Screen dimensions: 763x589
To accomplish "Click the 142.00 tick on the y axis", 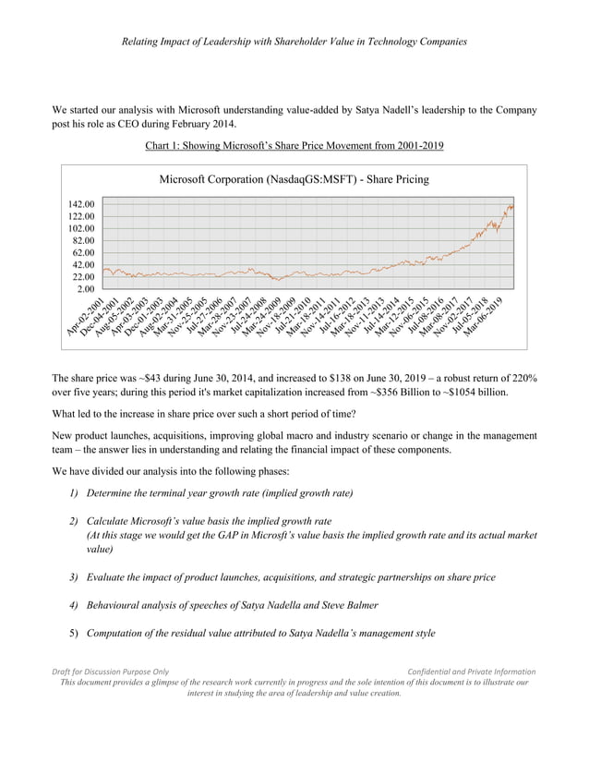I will coord(81,203).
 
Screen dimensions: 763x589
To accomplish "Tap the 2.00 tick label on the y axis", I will coord(87,289).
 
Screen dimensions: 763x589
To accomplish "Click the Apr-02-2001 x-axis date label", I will coord(84,320).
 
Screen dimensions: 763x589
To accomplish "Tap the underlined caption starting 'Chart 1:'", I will coord(294,145).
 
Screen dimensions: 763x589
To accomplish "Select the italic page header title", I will coord(294,42).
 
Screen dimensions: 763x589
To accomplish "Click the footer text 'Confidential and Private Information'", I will coord(471,672).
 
